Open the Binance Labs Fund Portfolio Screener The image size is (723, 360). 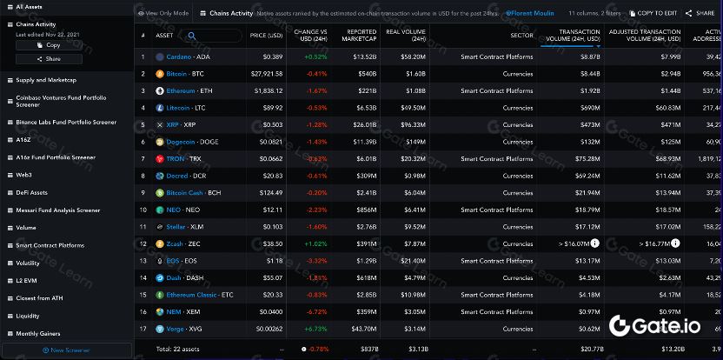(x=66, y=122)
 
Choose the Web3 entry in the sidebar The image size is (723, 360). (x=24, y=175)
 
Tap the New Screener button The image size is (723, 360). (x=66, y=350)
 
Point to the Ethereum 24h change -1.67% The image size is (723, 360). (x=315, y=90)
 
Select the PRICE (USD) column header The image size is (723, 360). (x=266, y=36)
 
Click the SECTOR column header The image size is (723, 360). (x=521, y=36)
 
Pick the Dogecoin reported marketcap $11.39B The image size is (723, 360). (x=364, y=141)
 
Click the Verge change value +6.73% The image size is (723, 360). (x=315, y=328)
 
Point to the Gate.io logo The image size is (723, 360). (x=660, y=326)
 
